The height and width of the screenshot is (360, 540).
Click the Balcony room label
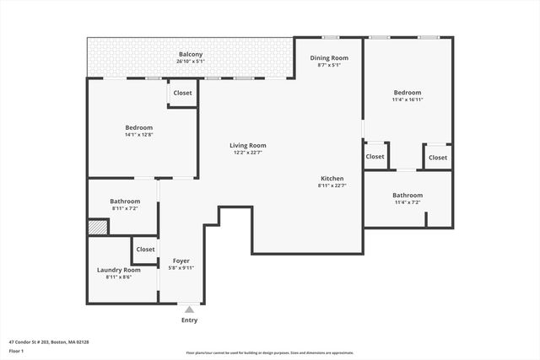coord(190,54)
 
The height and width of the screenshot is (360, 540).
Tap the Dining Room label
coord(328,57)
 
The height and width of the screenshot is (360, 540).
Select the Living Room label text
coord(247,145)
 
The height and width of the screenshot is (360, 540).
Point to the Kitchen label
coord(332,178)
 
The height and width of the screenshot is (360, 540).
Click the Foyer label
coord(181,261)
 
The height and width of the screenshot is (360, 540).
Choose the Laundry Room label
coord(118,270)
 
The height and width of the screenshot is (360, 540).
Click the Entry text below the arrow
coord(190,320)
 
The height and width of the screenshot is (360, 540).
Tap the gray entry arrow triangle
coord(190,310)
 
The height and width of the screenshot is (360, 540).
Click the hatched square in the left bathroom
coord(98,227)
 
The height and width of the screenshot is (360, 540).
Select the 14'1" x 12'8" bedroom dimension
coord(138,135)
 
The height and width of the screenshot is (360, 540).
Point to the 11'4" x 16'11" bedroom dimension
coord(407,99)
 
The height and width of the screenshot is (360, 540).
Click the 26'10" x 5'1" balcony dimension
coord(190,62)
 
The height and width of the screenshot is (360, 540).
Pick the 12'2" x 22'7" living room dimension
coord(247,153)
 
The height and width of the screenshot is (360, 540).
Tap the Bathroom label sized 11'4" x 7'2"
coord(407,195)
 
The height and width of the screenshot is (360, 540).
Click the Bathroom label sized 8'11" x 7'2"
coord(124,201)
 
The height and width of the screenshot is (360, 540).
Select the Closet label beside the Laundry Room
coord(145,250)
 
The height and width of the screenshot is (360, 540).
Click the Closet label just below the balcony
coord(182,93)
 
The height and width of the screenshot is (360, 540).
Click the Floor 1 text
coord(16,352)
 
